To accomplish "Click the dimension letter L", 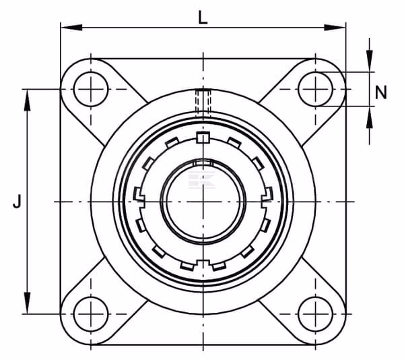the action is pos(203,18).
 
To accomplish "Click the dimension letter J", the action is pos(17,201).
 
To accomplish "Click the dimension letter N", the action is pos(381,92).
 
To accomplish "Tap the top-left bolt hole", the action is pos(91,89).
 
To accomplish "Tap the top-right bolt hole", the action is pos(315,89).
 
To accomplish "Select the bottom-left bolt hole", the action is pos(91,314).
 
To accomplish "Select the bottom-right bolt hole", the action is pos(315,314).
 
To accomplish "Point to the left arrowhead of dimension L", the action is pos(71,28).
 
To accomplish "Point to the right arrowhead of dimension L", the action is pos(335,28).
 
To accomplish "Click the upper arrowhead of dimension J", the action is pos(27,100).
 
